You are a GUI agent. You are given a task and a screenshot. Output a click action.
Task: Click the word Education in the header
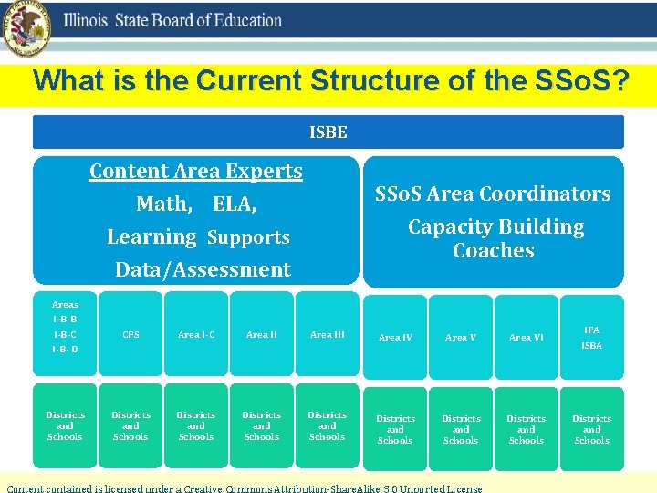coord(241,20)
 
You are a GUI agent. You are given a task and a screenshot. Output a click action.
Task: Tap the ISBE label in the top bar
coord(328,132)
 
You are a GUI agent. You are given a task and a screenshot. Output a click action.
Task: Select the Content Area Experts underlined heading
coord(196,171)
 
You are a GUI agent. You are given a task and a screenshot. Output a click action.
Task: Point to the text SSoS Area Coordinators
coord(494,194)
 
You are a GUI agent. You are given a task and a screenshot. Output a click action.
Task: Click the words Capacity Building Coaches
coord(495,238)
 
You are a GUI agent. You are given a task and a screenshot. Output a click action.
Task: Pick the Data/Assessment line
coord(203,269)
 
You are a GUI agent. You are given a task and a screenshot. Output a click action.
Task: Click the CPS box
coord(130,335)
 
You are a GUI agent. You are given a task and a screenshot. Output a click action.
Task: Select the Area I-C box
coord(196,335)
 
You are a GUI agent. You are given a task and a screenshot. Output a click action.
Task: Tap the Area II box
coord(262,335)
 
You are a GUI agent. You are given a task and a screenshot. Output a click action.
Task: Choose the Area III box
coord(328,335)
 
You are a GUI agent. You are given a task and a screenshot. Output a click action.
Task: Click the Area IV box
coord(395,338)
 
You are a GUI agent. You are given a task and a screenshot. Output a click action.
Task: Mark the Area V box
coord(461,338)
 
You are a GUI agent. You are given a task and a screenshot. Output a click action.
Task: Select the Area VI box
coord(527,338)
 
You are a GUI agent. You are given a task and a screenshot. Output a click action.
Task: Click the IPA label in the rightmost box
coord(591,330)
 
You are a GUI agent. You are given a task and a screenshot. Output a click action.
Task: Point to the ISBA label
coord(591,346)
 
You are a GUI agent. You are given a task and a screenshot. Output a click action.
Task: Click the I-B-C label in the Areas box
coord(65,334)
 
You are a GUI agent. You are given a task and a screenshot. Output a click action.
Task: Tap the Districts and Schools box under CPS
coord(130,425)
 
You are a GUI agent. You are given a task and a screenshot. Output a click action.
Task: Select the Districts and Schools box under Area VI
coord(527,429)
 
